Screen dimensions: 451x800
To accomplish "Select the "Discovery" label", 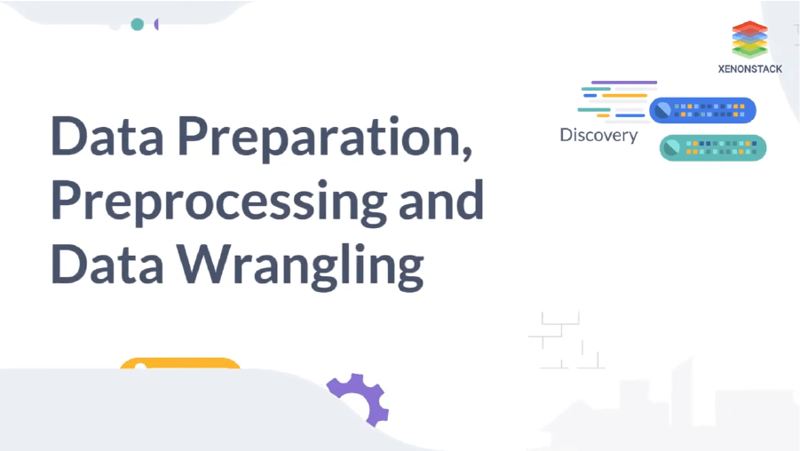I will tap(598, 135).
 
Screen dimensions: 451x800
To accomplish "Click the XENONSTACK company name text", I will tap(749, 68).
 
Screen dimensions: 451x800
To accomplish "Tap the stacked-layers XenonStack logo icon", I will tap(749, 40).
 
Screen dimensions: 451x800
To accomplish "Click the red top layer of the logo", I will tap(749, 27).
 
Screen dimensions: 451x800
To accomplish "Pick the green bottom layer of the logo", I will tap(749, 51).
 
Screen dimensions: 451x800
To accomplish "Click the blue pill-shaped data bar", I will tap(702, 110).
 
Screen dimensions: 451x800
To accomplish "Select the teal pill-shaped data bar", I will tap(712, 147).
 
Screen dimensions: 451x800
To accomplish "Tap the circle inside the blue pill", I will tap(661, 110).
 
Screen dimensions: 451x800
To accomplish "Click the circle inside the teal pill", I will tap(672, 147).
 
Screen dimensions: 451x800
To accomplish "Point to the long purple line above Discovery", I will tap(623, 83).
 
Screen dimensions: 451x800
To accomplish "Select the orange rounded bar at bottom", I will tap(180, 363).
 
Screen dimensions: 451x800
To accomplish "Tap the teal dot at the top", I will tap(137, 24).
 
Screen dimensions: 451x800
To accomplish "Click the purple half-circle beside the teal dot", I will tap(156, 24).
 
